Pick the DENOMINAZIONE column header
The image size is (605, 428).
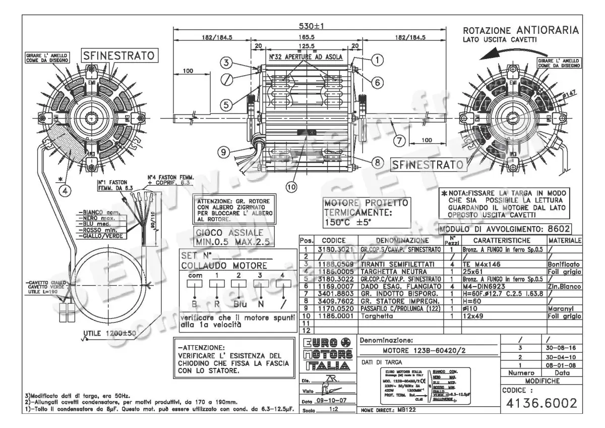tap(402, 241)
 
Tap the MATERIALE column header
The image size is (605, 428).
tap(564, 241)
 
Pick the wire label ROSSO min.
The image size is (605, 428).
tap(95, 230)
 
